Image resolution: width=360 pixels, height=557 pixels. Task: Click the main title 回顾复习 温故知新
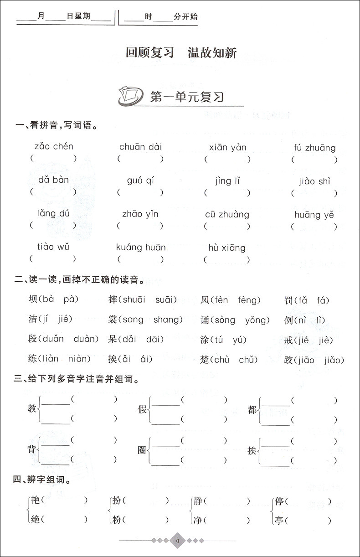point(181,52)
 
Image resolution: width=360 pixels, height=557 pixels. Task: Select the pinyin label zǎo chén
point(53,146)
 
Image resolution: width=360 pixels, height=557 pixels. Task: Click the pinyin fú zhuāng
point(315,148)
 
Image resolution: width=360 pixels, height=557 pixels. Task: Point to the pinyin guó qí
point(140,180)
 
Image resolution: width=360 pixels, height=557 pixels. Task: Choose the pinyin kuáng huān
point(141,248)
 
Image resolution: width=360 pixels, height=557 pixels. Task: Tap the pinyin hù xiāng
point(227,248)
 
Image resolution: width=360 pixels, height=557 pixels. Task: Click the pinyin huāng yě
point(314,215)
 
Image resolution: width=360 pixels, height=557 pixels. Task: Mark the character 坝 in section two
point(33,299)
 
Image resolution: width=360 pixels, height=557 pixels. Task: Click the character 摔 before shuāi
point(113,299)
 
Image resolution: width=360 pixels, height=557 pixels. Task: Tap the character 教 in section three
point(32,409)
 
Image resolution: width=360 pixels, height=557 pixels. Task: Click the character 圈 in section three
point(142,450)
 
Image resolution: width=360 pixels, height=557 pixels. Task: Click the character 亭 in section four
point(279,520)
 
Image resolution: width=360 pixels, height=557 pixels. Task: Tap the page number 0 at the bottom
point(178,541)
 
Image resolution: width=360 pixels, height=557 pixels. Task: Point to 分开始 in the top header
point(186,17)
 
